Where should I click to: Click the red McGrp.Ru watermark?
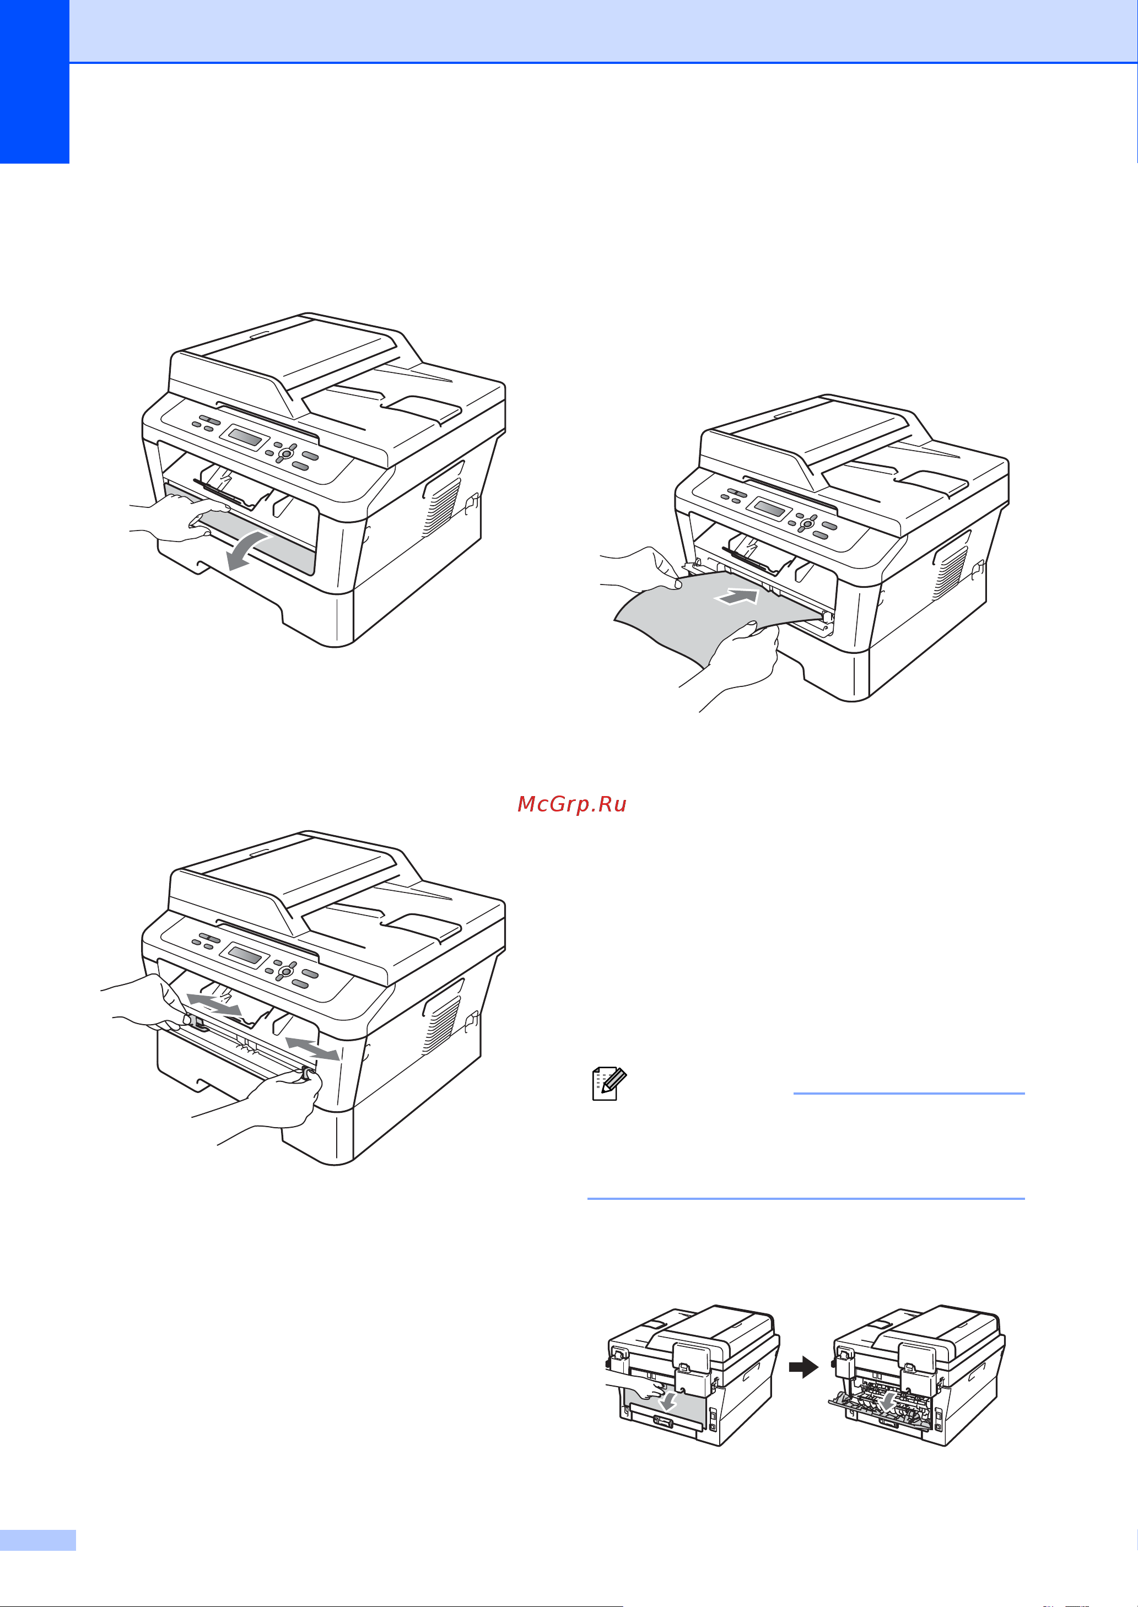[x=572, y=804]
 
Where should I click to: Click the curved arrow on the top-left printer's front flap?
[x=248, y=549]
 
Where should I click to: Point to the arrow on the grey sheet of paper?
[x=736, y=596]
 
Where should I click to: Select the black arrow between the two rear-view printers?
[x=803, y=1367]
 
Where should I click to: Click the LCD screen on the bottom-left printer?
[x=245, y=954]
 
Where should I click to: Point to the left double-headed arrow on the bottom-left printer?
[x=214, y=1003]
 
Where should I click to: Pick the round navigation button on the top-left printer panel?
[x=284, y=453]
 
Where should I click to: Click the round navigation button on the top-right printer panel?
[x=807, y=523]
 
